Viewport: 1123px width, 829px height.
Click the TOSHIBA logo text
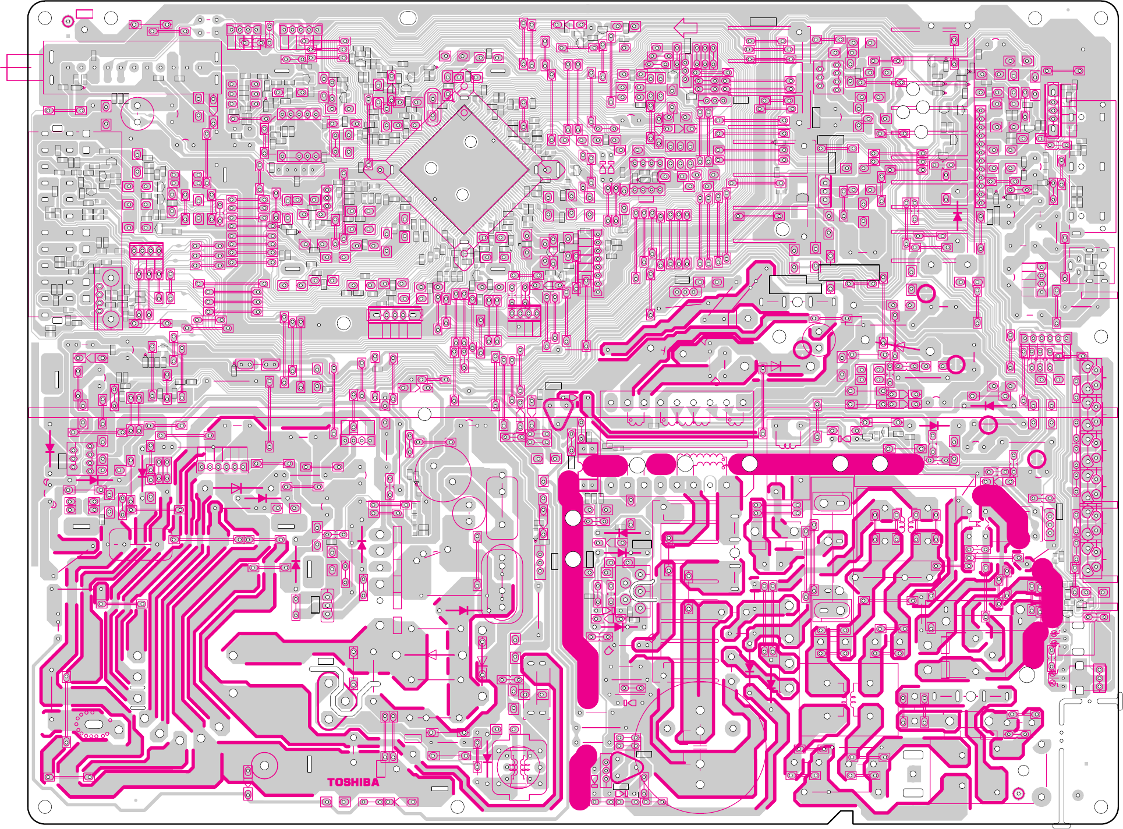coord(353,782)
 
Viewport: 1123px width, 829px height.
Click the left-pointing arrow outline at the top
coord(686,27)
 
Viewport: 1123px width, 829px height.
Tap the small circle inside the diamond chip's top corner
coord(464,112)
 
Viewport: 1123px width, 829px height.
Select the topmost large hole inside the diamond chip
coord(470,141)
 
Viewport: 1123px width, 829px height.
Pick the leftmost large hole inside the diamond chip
coord(431,168)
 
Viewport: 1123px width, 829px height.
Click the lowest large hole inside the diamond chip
coord(462,194)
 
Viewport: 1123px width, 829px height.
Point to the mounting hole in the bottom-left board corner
coord(45,807)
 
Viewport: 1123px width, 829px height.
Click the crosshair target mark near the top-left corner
coord(68,22)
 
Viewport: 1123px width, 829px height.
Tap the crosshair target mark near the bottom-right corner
coord(1018,793)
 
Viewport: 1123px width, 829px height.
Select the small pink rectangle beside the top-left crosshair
coord(84,13)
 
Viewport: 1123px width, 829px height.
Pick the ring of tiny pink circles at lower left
coord(93,724)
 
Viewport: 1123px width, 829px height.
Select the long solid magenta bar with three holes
coord(826,464)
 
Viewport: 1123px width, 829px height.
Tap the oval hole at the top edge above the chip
coord(409,19)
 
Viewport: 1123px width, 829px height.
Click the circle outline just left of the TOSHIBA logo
coord(264,766)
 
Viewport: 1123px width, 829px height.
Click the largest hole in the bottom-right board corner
coord(1101,807)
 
